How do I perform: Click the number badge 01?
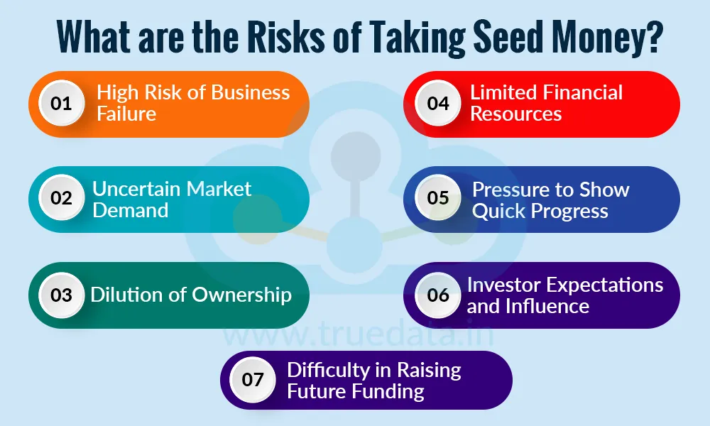point(62,104)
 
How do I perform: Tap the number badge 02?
point(62,198)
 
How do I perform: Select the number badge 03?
point(62,295)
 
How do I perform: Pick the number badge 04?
point(438,104)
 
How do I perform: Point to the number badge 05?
point(438,198)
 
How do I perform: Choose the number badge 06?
point(438,295)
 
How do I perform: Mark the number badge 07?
point(253,379)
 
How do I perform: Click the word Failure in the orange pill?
point(126,114)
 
